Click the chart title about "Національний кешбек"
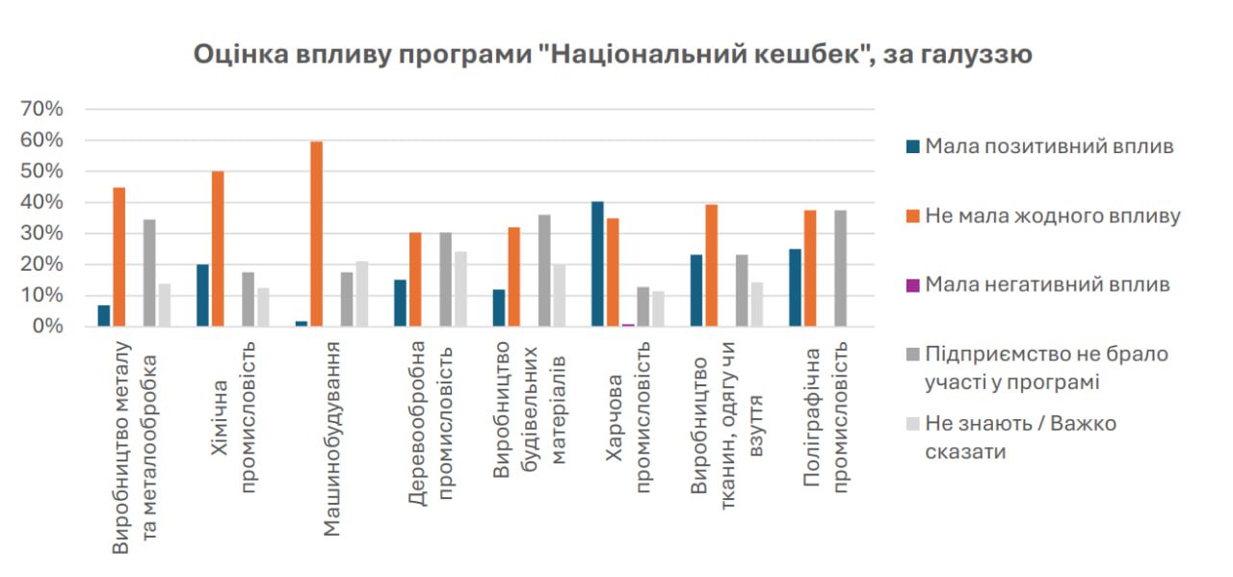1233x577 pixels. pos(613,54)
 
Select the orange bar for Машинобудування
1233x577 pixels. pos(316,234)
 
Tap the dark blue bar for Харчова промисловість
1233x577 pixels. pos(597,264)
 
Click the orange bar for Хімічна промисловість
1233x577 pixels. pos(218,249)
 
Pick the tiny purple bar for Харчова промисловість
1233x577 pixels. pos(628,325)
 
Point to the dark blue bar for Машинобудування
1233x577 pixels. pos(302,324)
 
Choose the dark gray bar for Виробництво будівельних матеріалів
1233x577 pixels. pos(544,271)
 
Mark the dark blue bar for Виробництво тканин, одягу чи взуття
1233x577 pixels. pos(696,291)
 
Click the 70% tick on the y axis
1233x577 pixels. pos(41,109)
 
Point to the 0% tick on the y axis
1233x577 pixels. pos(46,327)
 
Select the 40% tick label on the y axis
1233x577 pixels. pos(41,202)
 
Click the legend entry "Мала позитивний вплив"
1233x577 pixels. pos(1049,146)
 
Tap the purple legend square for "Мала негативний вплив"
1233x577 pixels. pos(912,285)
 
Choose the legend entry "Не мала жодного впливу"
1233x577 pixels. pos(1052,216)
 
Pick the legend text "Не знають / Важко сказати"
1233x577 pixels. pos(1020,437)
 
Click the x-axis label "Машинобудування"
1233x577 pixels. pos(329,438)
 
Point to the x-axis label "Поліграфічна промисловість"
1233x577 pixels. pos(825,416)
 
